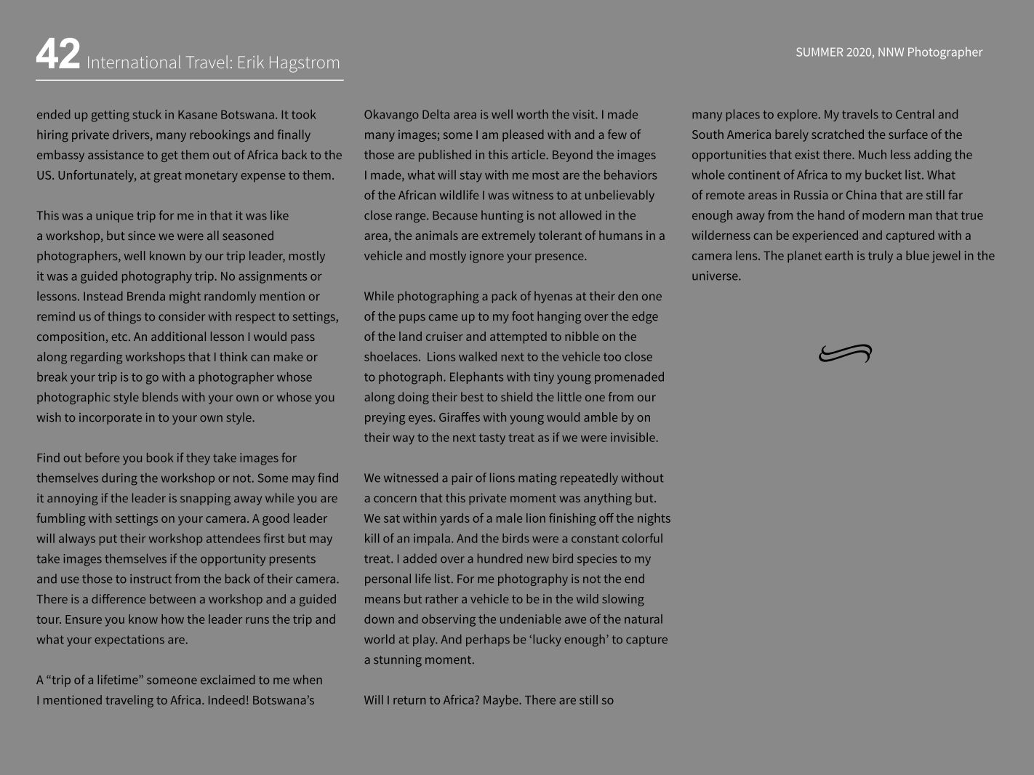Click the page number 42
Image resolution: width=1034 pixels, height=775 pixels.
[57, 55]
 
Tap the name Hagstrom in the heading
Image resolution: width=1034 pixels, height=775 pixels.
[303, 63]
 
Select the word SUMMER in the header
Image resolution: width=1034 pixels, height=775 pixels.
[819, 52]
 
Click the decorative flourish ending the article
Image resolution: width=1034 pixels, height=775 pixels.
[845, 353]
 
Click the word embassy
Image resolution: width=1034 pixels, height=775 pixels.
[61, 155]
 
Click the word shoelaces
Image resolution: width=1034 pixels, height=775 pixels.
[391, 357]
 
